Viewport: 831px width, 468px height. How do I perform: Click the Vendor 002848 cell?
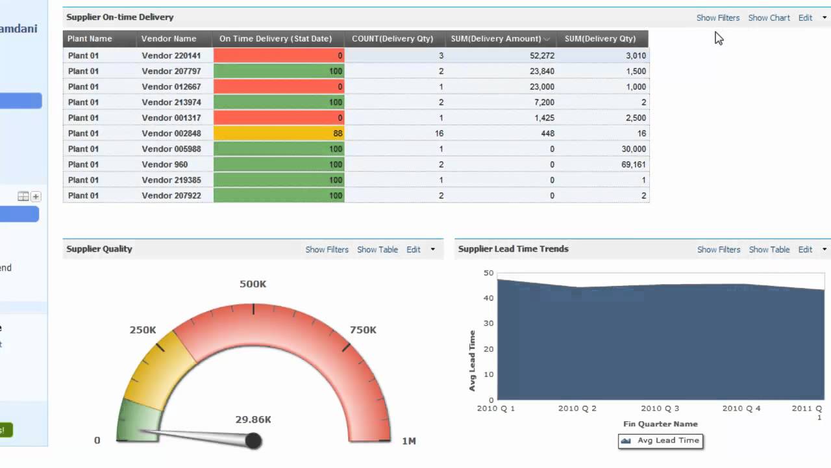pyautogui.click(x=171, y=133)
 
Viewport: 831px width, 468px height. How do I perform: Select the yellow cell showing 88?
pyautogui.click(x=279, y=133)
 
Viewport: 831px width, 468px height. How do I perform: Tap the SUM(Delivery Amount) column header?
pyautogui.click(x=496, y=38)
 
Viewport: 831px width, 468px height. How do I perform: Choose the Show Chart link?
pyautogui.click(x=769, y=18)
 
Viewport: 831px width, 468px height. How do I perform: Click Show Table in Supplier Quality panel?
pyautogui.click(x=377, y=250)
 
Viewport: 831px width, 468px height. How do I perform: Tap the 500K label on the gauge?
pyautogui.click(x=253, y=284)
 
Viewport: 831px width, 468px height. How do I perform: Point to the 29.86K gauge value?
pyautogui.click(x=253, y=420)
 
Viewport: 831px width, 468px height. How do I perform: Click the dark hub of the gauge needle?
pyautogui.click(x=253, y=441)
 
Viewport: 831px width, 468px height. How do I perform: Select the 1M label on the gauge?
pyautogui.click(x=408, y=441)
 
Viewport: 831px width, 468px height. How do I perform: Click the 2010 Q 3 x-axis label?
pyautogui.click(x=660, y=408)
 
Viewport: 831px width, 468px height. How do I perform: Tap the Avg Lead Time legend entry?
pyautogui.click(x=661, y=441)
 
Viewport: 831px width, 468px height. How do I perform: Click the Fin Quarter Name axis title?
pyautogui.click(x=660, y=424)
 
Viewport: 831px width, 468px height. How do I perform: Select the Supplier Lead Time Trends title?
pyautogui.click(x=513, y=249)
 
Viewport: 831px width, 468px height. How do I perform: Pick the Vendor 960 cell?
pyautogui.click(x=164, y=164)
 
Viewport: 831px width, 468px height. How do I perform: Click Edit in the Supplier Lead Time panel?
pyautogui.click(x=805, y=250)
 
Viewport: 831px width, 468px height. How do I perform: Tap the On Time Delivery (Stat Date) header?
pyautogui.click(x=275, y=38)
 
